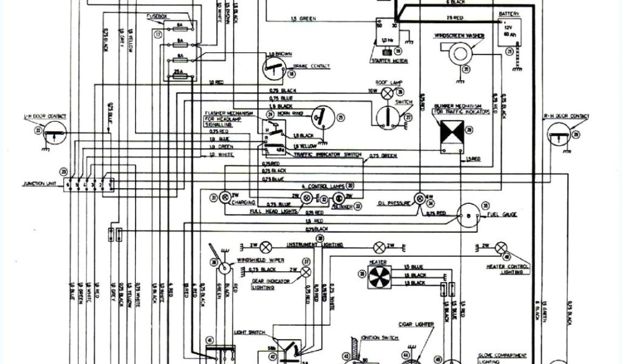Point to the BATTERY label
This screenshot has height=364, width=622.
pyautogui.click(x=508, y=13)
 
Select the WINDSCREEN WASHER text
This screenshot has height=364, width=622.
pyautogui.click(x=459, y=36)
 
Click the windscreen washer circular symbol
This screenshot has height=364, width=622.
pyautogui.click(x=460, y=54)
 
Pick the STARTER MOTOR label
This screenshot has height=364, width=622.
pyautogui.click(x=389, y=61)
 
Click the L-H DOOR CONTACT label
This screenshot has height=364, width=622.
pyautogui.click(x=45, y=116)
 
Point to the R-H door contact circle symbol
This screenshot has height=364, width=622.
pyautogui.click(x=558, y=133)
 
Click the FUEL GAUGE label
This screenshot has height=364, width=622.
pyautogui.click(x=502, y=215)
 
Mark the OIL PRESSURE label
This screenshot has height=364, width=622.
pyautogui.click(x=391, y=203)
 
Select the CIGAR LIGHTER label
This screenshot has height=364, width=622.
pyautogui.click(x=416, y=325)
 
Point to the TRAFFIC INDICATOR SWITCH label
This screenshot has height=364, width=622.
pyautogui.click(x=327, y=156)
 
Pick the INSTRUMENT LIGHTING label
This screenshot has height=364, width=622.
pyautogui.click(x=315, y=244)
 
